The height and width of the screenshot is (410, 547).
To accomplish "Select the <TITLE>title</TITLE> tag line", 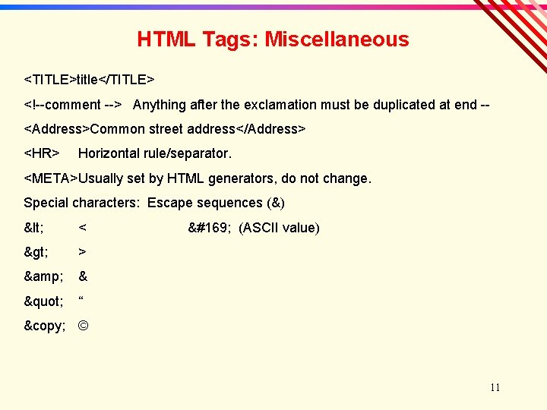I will (x=90, y=80).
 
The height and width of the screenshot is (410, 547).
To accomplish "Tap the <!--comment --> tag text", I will (x=74, y=105).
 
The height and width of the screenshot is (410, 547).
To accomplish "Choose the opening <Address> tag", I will (x=57, y=129).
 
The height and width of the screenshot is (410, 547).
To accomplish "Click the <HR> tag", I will (x=42, y=153).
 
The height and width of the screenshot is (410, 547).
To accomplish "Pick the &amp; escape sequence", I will (x=43, y=276).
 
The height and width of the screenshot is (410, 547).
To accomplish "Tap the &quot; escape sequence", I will (x=43, y=301).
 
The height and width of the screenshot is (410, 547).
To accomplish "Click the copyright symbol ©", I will (x=84, y=326).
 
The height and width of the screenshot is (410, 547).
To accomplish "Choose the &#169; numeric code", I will (x=210, y=228).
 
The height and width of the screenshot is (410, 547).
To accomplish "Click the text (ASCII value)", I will (x=279, y=228).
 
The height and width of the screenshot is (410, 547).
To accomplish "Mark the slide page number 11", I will (x=495, y=388).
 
